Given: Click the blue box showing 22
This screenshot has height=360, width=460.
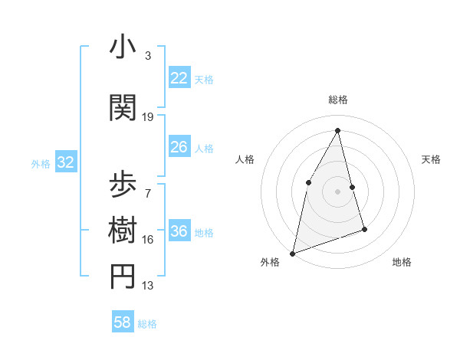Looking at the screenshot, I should tap(179, 78).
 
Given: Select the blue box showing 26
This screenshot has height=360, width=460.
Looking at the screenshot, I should tap(179, 147).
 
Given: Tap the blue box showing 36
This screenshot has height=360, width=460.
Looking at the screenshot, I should tap(179, 231).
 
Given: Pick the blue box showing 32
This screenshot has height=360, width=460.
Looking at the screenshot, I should tap(65, 162).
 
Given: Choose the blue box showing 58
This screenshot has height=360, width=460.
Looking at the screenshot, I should tap(123, 322).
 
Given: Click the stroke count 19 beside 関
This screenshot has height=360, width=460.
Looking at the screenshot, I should tap(148, 117).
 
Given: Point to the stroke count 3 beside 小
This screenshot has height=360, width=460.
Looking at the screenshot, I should tap(148, 56).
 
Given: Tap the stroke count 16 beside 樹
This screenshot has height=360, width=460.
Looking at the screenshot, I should tap(148, 239).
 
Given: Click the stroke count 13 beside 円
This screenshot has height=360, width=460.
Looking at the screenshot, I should tap(148, 286).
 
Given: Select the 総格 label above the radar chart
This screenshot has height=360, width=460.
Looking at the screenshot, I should tap(337, 100).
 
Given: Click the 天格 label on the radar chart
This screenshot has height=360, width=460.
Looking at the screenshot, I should tap(431, 159).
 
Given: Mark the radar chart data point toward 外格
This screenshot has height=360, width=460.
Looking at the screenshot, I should tap(293, 253).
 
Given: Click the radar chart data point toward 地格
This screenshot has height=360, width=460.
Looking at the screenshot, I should tap(364, 229).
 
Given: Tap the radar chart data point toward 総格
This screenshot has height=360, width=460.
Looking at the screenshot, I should tap(337, 130).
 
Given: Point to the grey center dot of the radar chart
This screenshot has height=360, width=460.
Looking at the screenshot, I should tap(337, 191).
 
